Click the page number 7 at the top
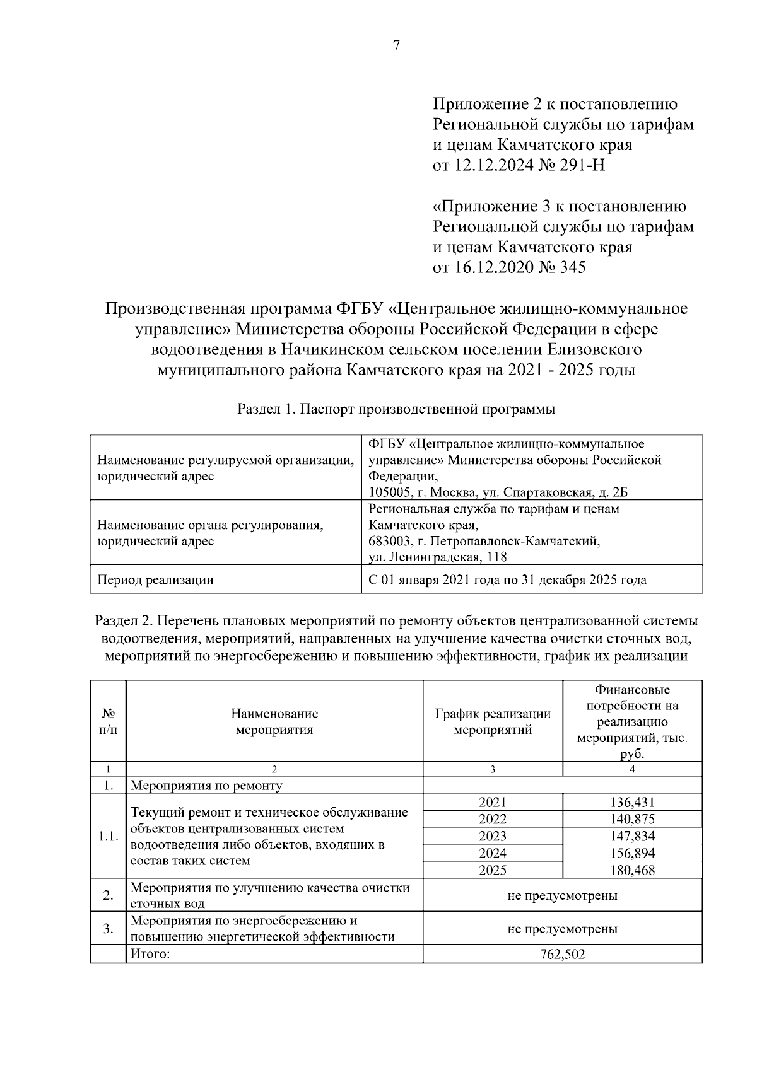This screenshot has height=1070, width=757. click(396, 46)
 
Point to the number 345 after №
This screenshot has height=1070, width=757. click(572, 267)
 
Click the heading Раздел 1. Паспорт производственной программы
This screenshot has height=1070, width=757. click(396, 409)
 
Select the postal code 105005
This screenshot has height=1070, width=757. click(390, 492)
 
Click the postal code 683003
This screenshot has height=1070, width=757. click(390, 542)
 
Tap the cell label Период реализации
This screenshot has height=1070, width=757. click(155, 580)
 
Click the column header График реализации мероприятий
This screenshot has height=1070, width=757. click(493, 722)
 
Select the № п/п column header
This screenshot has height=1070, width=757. click(109, 722)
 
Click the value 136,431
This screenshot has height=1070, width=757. click(632, 803)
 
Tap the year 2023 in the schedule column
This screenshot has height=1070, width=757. click(493, 837)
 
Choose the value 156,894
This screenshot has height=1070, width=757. click(632, 854)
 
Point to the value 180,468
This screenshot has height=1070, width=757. click(632, 871)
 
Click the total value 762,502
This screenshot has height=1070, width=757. click(562, 955)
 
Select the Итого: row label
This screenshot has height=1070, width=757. click(150, 955)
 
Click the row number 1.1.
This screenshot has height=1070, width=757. click(109, 837)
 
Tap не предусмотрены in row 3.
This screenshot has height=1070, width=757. click(562, 929)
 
